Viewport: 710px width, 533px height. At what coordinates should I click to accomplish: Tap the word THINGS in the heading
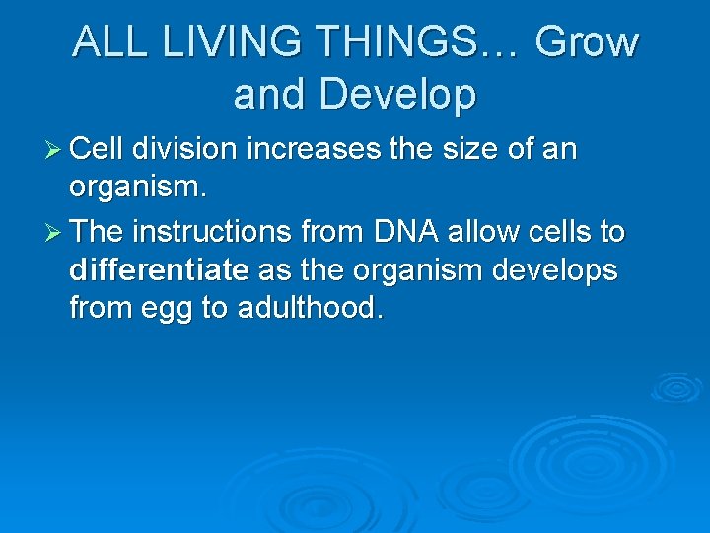pos(409,41)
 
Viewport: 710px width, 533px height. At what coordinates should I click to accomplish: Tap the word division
pos(187,150)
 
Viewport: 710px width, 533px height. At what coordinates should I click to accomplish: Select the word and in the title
pos(271,94)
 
